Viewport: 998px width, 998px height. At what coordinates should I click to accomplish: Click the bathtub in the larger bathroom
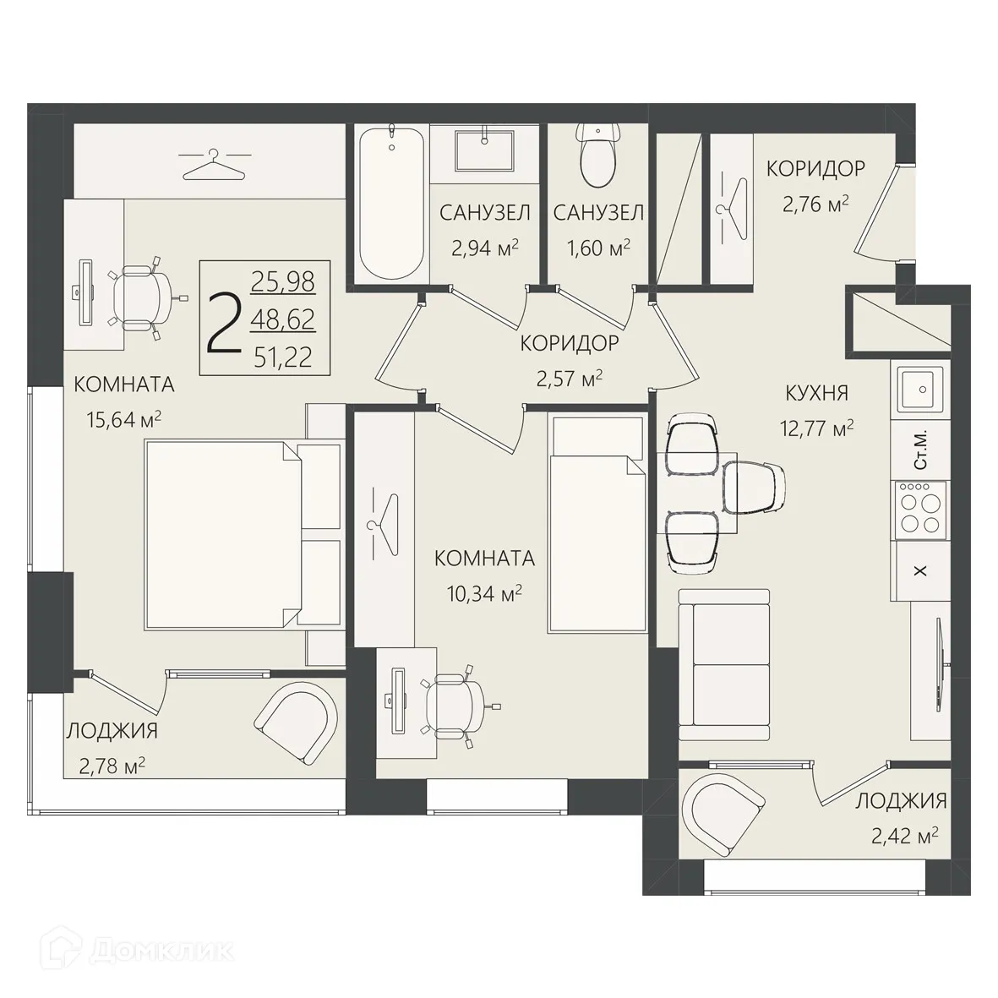[390, 203]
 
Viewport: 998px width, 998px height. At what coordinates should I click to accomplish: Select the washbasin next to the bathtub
[483, 151]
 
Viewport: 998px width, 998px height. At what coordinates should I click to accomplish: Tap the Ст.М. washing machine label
[920, 450]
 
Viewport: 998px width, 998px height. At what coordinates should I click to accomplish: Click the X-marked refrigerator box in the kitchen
[920, 571]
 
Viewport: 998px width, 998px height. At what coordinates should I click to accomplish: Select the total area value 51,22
[283, 357]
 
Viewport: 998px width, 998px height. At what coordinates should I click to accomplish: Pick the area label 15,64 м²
[123, 420]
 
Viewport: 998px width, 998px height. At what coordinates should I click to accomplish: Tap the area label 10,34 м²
[484, 594]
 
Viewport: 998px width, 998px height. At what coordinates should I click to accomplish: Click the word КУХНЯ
[816, 393]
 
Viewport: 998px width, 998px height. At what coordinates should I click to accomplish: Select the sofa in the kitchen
[724, 664]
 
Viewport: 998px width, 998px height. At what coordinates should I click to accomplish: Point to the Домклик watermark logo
[138, 951]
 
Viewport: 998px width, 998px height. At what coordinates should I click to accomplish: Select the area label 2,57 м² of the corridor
[570, 379]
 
